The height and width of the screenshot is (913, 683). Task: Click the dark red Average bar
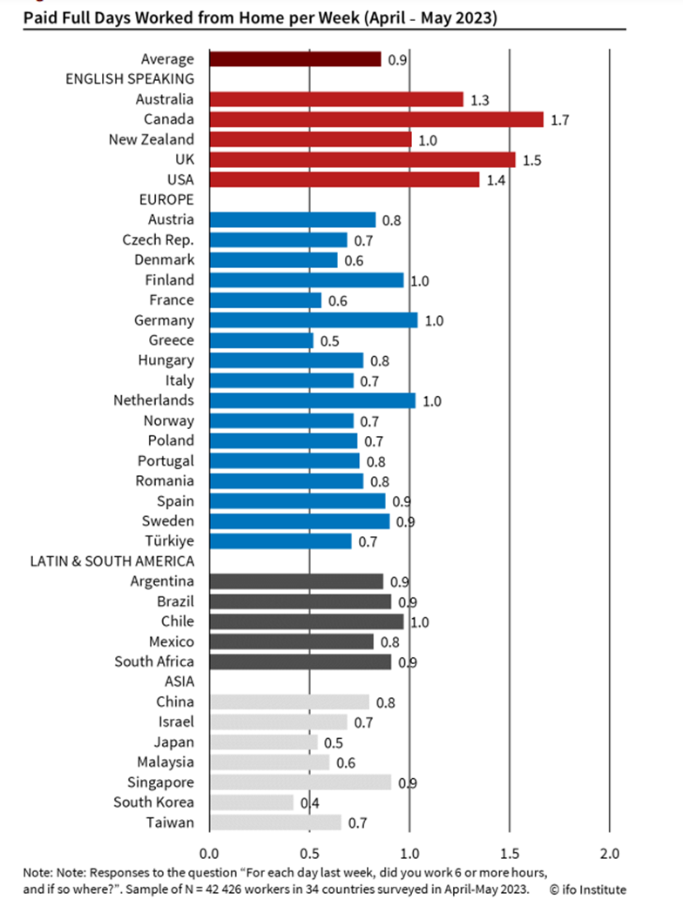coord(294,59)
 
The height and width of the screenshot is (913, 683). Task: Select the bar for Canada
coord(375,119)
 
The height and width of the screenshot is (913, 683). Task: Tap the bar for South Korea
coord(251,802)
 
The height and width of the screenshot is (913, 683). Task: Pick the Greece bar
coord(260,340)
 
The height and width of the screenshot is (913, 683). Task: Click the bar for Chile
coord(306,621)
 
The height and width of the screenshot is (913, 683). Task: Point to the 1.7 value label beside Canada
coord(560,120)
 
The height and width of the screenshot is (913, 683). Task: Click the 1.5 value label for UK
coord(532,160)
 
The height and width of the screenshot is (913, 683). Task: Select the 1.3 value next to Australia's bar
coord(480,100)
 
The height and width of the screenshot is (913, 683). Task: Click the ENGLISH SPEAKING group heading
coord(130,79)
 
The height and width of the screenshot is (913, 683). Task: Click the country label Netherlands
coord(153,400)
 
